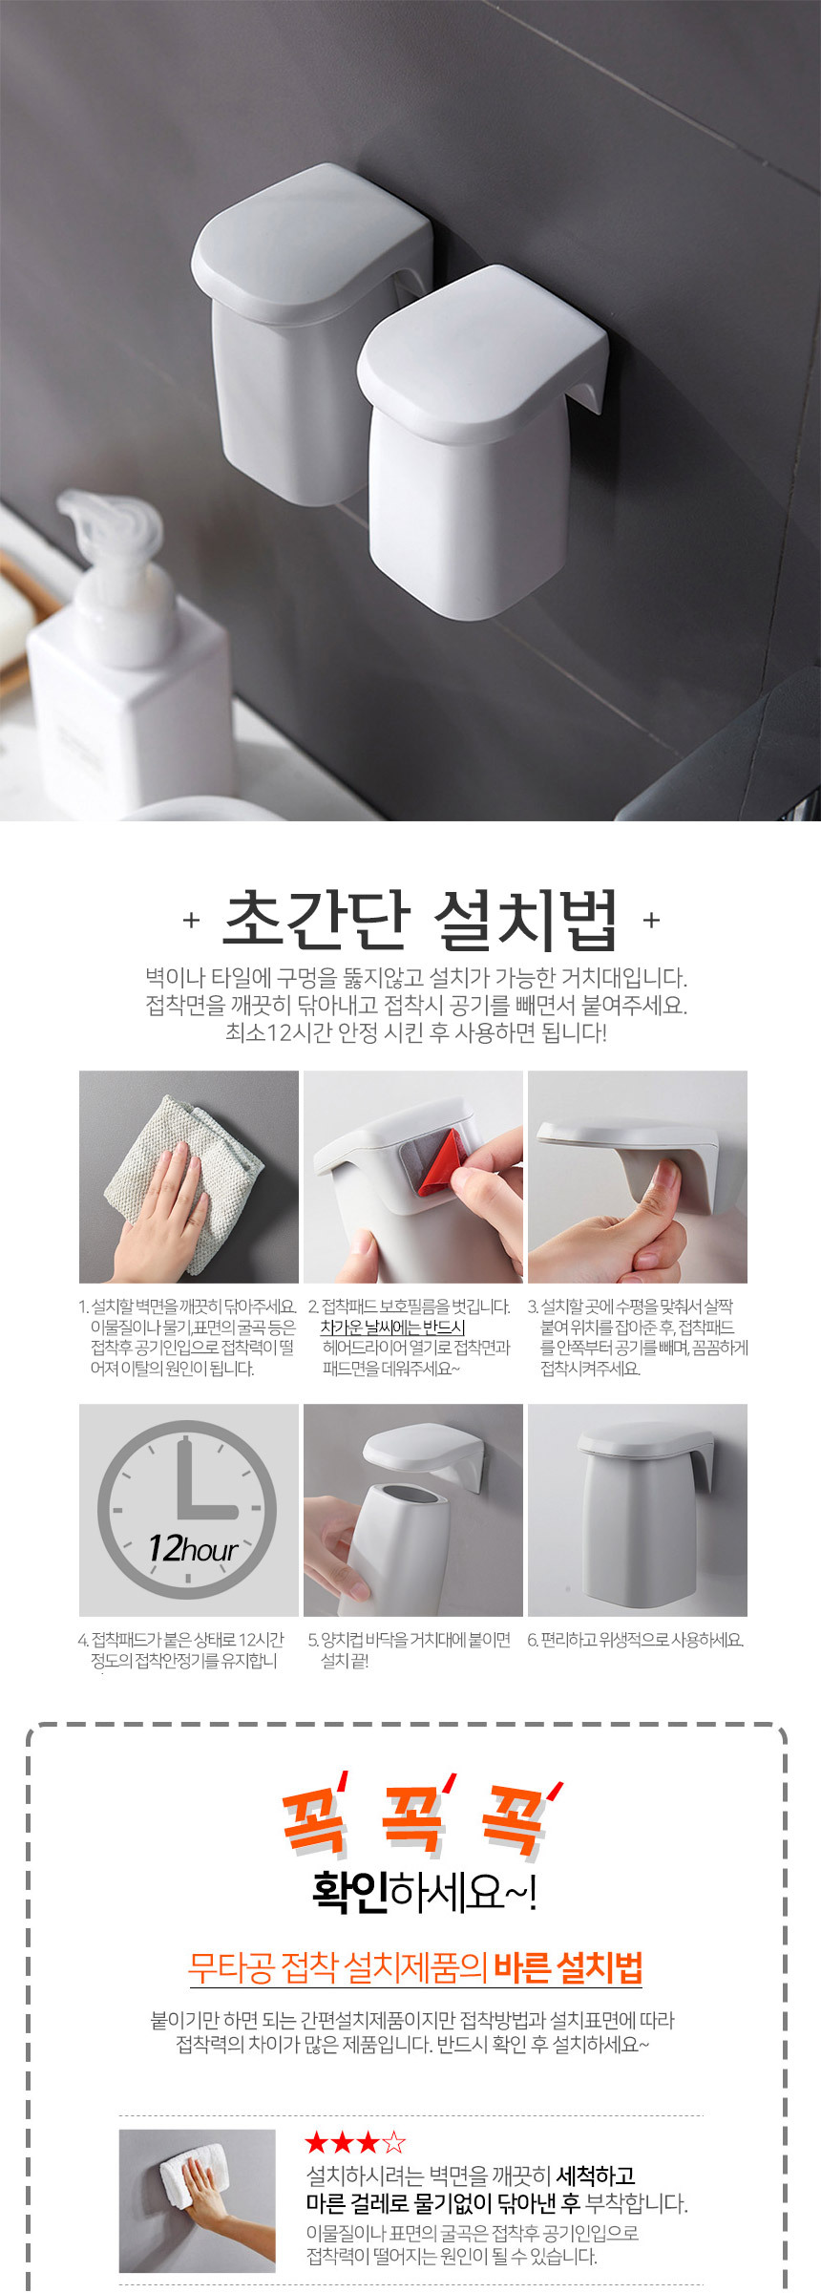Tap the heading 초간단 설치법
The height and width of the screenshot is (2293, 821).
420,920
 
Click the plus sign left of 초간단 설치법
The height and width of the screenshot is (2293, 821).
191,920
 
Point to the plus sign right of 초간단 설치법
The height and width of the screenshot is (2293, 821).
651,920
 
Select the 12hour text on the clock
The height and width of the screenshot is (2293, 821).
192,1548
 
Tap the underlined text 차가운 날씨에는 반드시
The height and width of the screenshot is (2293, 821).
392,1327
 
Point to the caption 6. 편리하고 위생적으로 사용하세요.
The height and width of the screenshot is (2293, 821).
636,1640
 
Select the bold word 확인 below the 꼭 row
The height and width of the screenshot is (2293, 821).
349,1891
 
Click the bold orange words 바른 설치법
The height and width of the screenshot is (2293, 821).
568,1967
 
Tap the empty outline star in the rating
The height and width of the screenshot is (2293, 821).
394,2143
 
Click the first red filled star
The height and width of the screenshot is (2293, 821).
317,2143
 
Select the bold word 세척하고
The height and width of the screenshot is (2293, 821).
596,2176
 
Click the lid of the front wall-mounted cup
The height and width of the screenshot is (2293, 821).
482,349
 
